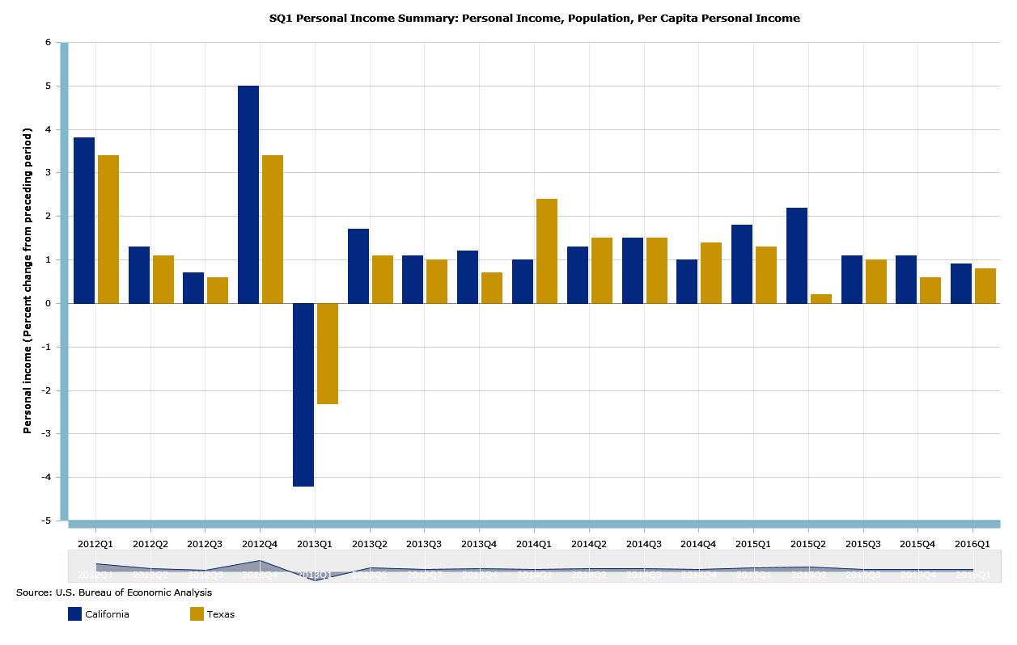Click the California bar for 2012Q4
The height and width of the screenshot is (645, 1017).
(x=248, y=194)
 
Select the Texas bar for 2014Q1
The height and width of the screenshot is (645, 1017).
(x=547, y=251)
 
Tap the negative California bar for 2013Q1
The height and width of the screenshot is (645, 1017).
(x=303, y=394)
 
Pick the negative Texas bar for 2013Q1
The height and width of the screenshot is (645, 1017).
(x=328, y=353)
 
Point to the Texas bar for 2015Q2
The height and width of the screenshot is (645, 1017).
(x=821, y=298)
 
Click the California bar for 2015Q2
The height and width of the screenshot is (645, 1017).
(x=797, y=255)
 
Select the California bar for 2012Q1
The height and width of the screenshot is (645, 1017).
(x=84, y=220)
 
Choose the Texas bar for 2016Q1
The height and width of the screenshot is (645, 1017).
(x=985, y=285)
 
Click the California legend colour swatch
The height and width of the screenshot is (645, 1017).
(x=74, y=614)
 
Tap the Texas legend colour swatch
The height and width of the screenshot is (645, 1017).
(x=197, y=614)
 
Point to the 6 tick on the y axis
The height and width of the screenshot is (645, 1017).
(x=48, y=42)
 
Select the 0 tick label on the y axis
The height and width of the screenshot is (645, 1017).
(x=48, y=303)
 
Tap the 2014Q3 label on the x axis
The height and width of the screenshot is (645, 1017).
(x=644, y=544)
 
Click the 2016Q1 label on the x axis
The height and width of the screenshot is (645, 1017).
(x=973, y=544)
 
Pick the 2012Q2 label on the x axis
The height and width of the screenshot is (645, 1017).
(x=150, y=544)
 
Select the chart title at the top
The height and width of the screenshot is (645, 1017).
(x=534, y=18)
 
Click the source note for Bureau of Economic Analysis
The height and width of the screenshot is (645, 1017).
(x=114, y=592)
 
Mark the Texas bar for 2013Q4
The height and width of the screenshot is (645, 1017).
(x=492, y=288)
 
